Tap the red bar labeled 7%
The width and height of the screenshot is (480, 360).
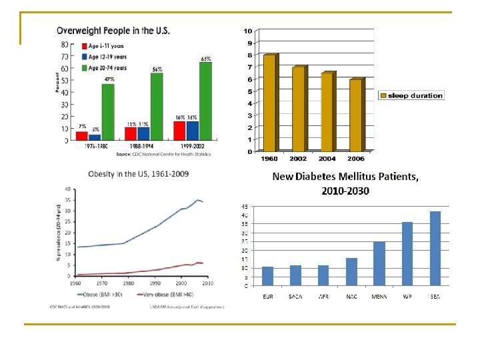[x=81, y=136]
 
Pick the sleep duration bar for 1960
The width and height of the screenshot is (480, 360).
[x=269, y=103]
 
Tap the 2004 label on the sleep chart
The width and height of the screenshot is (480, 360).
[x=327, y=159]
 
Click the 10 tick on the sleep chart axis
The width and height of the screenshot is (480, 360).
[x=248, y=31]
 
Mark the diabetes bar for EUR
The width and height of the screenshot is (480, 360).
[x=267, y=276]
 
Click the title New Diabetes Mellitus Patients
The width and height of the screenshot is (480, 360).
[x=345, y=177]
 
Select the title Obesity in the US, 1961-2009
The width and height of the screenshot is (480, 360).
[x=138, y=174]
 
